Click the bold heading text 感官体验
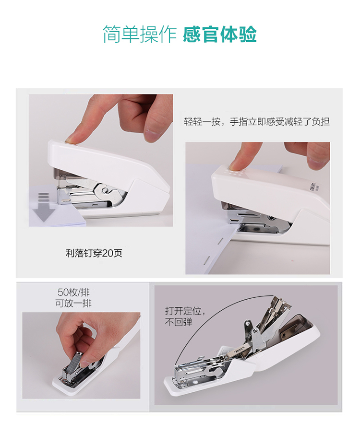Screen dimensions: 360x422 point(220,35)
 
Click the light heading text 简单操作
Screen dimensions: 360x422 point(139,35)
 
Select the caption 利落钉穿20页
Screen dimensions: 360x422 point(94,253)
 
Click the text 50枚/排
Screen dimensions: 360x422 point(73,292)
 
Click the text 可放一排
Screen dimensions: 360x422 point(73,303)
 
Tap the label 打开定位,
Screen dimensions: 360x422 point(185,311)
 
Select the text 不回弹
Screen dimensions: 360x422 point(179,322)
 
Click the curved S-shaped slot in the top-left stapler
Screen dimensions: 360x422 point(104,189)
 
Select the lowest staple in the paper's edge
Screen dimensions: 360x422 point(207,259)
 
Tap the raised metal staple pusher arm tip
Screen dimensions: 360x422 point(248,324)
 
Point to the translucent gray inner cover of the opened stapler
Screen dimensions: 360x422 point(295,327)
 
